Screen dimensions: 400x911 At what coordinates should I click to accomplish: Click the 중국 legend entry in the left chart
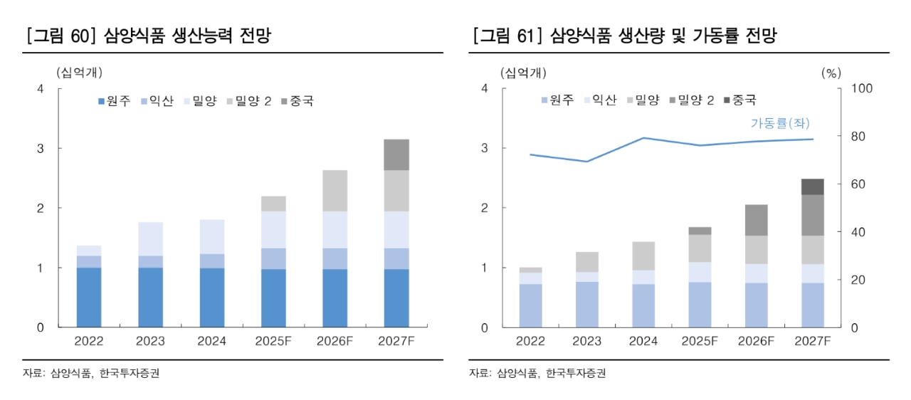297,101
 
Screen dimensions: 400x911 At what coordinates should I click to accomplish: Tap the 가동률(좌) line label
780,123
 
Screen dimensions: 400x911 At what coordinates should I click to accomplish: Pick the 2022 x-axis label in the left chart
89,342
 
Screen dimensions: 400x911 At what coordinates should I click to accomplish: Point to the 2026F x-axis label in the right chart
756,342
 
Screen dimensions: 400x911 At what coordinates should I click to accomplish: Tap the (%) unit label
831,72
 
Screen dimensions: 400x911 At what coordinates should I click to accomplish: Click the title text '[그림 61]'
505,36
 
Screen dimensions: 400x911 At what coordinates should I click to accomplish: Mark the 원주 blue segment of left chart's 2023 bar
151,298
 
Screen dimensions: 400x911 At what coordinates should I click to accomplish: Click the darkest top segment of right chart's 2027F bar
812,186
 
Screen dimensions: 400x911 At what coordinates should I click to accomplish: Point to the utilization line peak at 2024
643,138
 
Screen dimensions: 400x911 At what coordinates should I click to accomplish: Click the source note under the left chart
90,373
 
